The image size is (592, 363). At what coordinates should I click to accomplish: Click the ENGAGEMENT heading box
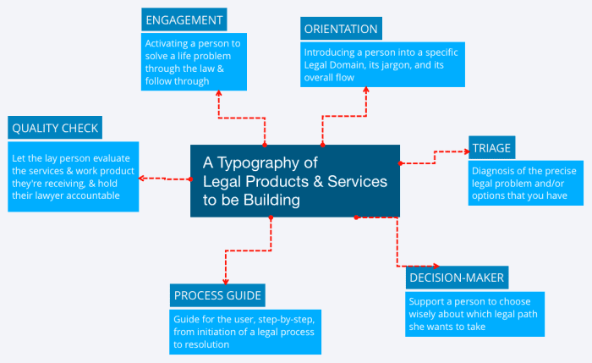click(x=184, y=19)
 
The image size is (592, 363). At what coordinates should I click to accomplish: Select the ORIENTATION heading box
click(x=340, y=29)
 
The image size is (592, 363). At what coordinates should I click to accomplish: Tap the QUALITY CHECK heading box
click(x=55, y=129)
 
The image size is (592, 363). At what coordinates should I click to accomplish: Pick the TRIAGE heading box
click(x=491, y=147)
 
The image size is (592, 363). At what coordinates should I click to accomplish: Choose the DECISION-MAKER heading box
click(x=457, y=277)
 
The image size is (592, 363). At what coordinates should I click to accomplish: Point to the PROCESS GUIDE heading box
click(x=217, y=295)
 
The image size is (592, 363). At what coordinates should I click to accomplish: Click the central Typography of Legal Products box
click(x=294, y=180)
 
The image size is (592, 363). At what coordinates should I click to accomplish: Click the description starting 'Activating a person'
click(x=194, y=62)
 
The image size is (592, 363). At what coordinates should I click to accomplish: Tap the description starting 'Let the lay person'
click(x=73, y=177)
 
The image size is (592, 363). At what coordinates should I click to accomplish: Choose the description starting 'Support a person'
click(x=473, y=313)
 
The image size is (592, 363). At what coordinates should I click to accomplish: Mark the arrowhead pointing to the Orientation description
click(x=365, y=90)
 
